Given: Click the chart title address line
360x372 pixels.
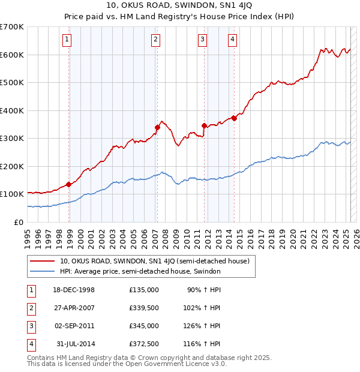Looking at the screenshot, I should [179, 7].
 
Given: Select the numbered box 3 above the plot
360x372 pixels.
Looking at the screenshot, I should [203, 40].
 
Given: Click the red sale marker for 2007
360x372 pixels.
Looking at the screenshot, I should [157, 127].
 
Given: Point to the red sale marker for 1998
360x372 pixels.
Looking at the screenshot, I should [68, 184].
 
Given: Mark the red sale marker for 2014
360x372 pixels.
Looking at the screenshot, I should [234, 118].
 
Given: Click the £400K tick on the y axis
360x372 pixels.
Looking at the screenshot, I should [12, 110].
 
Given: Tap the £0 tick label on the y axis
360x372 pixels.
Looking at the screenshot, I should [18, 222].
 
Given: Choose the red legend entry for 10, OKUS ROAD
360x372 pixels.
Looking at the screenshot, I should [158, 261].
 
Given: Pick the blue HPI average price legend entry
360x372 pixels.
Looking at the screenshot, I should [140, 271].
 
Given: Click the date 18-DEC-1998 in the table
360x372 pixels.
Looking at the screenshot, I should [74, 290].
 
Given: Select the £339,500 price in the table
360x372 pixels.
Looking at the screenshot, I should [144, 308].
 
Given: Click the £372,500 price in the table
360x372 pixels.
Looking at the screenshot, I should [144, 344].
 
